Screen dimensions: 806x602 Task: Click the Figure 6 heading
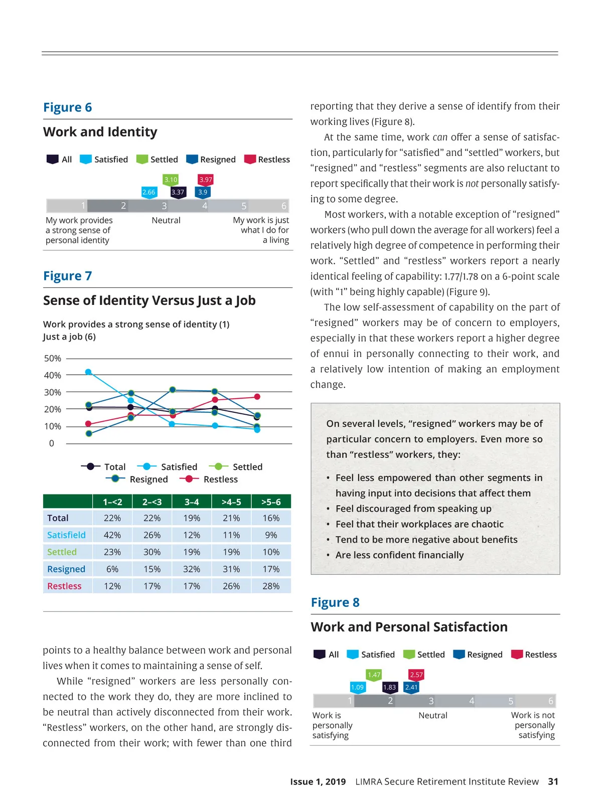68,107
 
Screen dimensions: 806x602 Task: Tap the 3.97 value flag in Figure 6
206,180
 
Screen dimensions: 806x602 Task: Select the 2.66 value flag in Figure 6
148,192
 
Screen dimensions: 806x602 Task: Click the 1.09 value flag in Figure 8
357,687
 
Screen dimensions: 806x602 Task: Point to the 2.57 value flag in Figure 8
416,675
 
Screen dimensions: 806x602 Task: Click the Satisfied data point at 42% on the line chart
88,372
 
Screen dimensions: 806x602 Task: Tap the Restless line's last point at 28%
257,397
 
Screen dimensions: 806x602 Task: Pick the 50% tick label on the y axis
53,359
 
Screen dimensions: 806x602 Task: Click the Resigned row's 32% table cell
192,569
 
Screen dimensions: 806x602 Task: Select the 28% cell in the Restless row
271,586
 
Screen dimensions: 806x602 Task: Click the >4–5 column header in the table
231,502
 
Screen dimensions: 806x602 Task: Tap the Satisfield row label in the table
67,535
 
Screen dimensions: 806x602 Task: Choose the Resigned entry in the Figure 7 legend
148,479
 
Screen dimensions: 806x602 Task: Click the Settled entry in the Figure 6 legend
164,159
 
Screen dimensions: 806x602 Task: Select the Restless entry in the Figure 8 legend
540,655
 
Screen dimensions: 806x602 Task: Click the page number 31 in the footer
553,781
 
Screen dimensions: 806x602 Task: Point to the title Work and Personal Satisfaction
409,627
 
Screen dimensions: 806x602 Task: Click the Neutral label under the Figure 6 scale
166,220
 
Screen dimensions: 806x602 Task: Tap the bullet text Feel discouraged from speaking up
413,509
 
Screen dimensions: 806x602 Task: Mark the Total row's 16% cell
271,518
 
